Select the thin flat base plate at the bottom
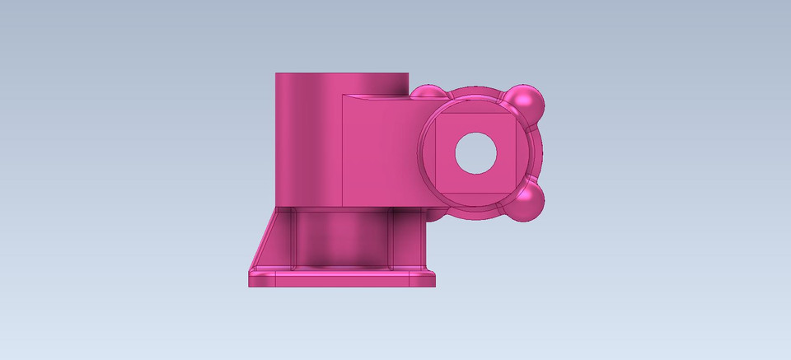342,279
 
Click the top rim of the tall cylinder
342,75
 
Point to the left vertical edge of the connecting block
341,152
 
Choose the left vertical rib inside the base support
295,239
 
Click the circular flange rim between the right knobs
540,153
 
